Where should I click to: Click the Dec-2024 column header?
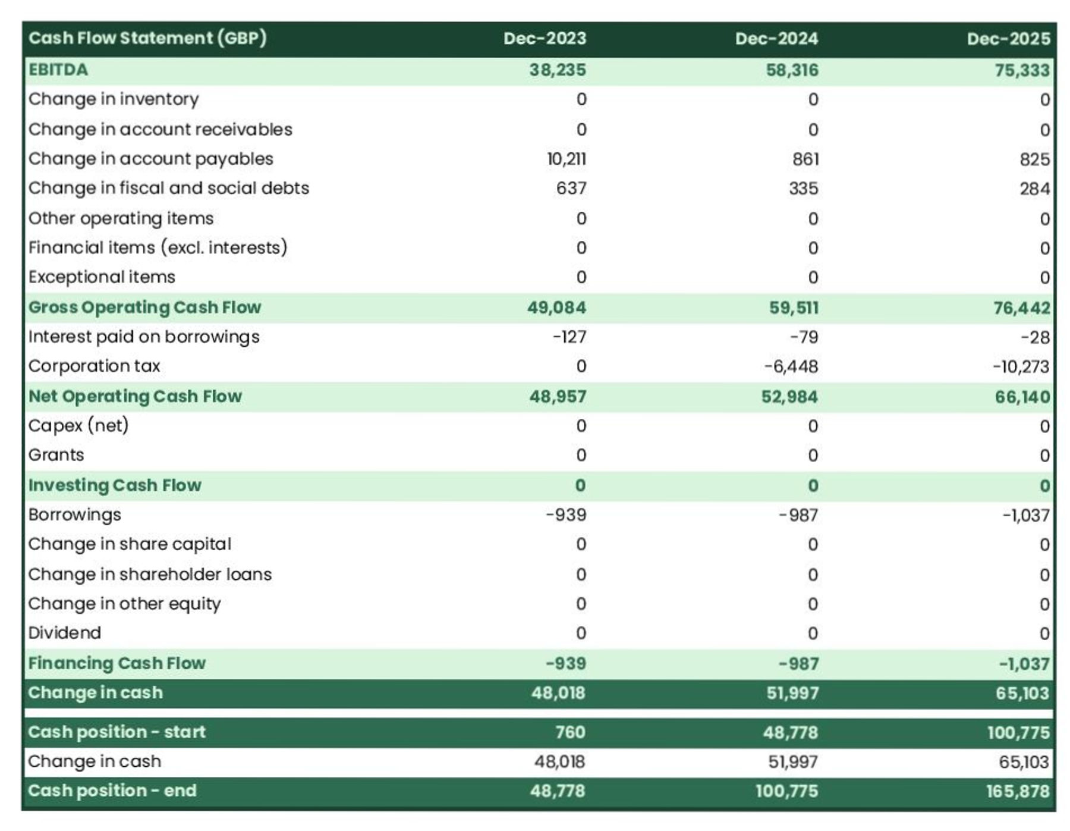[x=776, y=39]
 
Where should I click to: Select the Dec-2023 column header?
[x=545, y=39]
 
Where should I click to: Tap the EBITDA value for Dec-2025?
[x=1022, y=70]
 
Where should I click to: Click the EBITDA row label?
[x=58, y=70]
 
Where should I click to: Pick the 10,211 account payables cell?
[x=567, y=159]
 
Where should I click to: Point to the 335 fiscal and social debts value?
[x=804, y=189]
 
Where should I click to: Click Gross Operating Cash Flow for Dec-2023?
[x=556, y=308]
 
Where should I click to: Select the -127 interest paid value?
[x=569, y=337]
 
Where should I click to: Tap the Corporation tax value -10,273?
[x=1021, y=366]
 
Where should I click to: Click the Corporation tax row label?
[x=95, y=366]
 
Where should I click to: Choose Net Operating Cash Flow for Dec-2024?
[x=789, y=397]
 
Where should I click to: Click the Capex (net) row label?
[x=78, y=425]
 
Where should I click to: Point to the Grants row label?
[x=56, y=455]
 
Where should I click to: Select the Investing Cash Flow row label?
[x=115, y=485]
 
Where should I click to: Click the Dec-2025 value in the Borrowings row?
[x=1026, y=515]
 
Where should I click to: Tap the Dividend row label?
[x=65, y=633]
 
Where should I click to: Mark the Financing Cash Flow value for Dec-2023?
[x=566, y=663]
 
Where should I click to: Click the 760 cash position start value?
[x=570, y=732]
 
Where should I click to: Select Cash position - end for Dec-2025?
[x=1018, y=791]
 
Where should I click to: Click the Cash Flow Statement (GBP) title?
[x=147, y=38]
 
